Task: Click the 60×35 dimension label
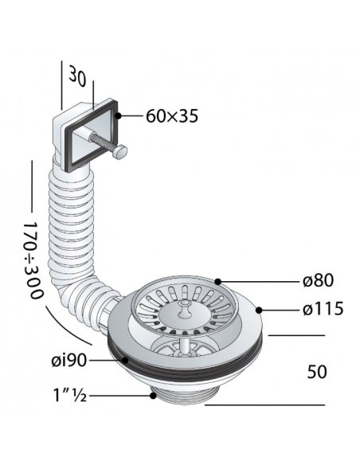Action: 172,116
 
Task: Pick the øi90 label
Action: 69,360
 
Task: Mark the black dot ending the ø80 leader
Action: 218,280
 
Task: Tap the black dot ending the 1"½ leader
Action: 152,393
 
